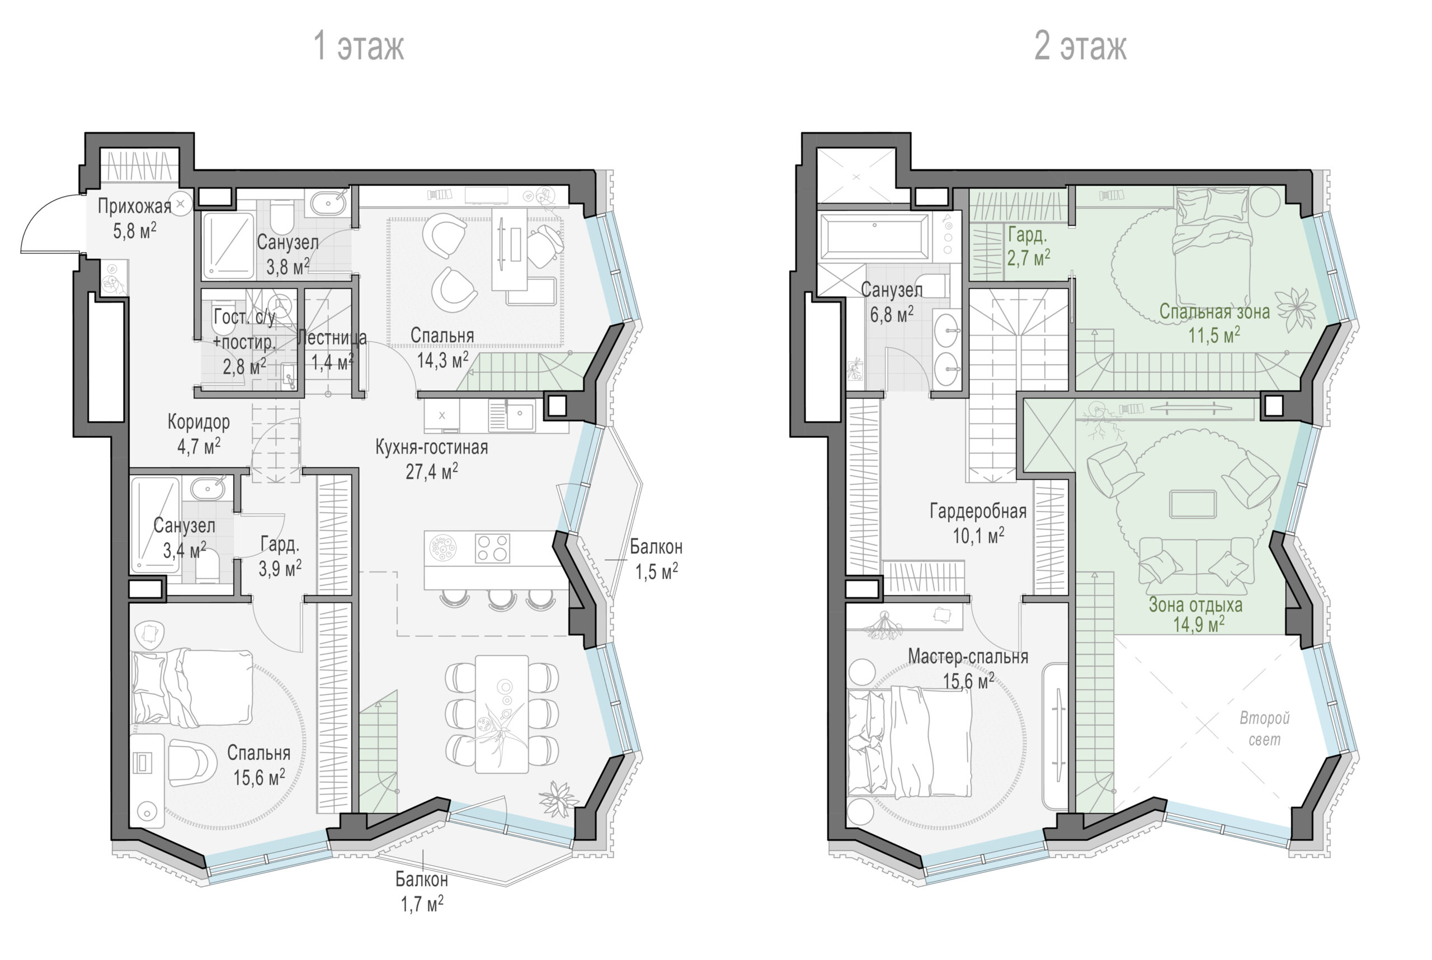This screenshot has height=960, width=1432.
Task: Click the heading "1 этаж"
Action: click(x=359, y=46)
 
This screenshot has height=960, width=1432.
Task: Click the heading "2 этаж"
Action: click(x=1080, y=46)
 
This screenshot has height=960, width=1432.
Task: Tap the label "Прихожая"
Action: click(x=135, y=206)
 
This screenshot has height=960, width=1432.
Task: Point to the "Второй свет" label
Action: click(x=1265, y=729)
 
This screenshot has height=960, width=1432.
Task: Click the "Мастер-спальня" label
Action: click(x=968, y=657)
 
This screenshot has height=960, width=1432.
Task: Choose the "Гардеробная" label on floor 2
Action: click(x=978, y=511)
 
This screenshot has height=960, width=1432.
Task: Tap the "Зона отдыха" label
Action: click(x=1195, y=605)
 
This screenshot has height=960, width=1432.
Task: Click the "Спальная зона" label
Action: click(x=1214, y=311)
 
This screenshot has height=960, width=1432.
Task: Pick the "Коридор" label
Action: click(x=199, y=422)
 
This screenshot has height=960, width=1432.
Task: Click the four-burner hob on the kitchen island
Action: click(x=492, y=548)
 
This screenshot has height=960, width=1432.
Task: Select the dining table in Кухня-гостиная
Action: click(x=502, y=714)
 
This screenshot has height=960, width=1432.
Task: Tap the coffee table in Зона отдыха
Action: click(x=1193, y=504)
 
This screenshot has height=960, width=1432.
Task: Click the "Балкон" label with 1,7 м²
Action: click(x=421, y=880)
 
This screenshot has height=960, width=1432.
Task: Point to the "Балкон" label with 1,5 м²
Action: click(x=656, y=547)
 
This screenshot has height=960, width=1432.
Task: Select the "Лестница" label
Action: click(x=332, y=337)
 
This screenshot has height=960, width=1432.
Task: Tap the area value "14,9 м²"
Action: click(x=1199, y=625)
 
